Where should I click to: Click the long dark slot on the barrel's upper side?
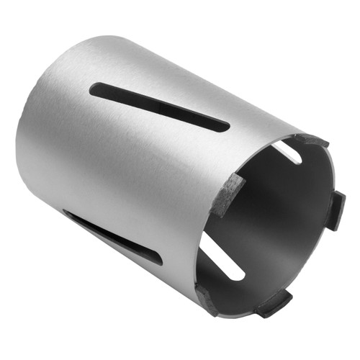coord(158,107)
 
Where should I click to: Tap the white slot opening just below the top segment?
coord(287,151)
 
